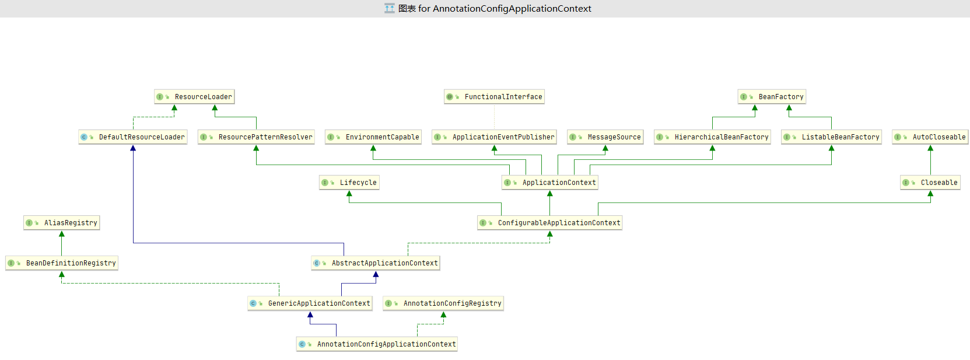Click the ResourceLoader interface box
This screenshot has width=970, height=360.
point(194,97)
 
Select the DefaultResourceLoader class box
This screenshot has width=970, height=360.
point(133,137)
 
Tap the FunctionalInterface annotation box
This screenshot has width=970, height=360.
point(494,97)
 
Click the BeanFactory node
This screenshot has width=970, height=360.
point(772,97)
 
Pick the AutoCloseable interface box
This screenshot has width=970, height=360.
point(930,137)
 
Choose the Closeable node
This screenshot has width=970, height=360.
point(930,183)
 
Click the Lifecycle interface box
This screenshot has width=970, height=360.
point(349,183)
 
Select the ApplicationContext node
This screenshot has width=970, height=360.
point(550,183)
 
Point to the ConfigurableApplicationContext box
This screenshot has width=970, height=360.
point(550,223)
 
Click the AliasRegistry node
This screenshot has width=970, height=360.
point(62,223)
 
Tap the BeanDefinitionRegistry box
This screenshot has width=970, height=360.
point(62,263)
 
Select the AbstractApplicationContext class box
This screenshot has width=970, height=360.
point(376,263)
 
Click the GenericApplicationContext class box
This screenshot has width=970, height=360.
point(310,303)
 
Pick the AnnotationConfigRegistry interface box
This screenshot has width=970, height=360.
point(443,303)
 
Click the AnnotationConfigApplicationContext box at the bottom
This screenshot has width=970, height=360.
point(377,344)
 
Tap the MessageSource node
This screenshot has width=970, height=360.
point(605,137)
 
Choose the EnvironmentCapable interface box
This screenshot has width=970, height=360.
point(373,137)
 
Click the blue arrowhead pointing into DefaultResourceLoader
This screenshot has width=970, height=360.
point(133,148)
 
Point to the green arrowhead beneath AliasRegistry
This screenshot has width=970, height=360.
point(62,234)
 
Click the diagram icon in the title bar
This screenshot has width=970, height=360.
point(389,8)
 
